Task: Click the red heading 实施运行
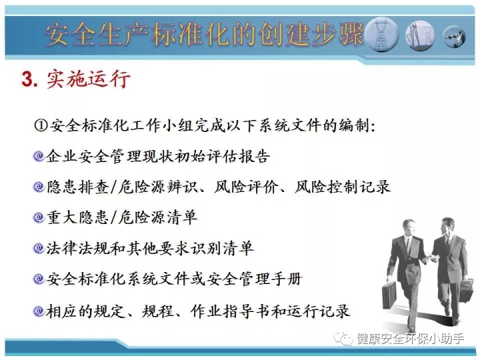click(x=89, y=79)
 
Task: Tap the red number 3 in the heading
click(x=27, y=79)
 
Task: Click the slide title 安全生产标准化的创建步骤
click(x=204, y=34)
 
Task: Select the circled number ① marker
click(x=41, y=125)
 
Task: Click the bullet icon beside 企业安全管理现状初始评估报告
click(x=39, y=156)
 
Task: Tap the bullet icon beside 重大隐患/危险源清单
click(x=39, y=217)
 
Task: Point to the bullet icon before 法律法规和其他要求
click(x=39, y=248)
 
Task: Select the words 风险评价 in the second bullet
click(x=246, y=187)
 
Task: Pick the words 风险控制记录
click(x=342, y=187)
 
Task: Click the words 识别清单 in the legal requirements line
click(x=222, y=248)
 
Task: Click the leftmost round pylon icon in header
click(x=381, y=35)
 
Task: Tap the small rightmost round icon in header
click(x=455, y=37)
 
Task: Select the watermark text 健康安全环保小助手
click(x=410, y=339)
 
